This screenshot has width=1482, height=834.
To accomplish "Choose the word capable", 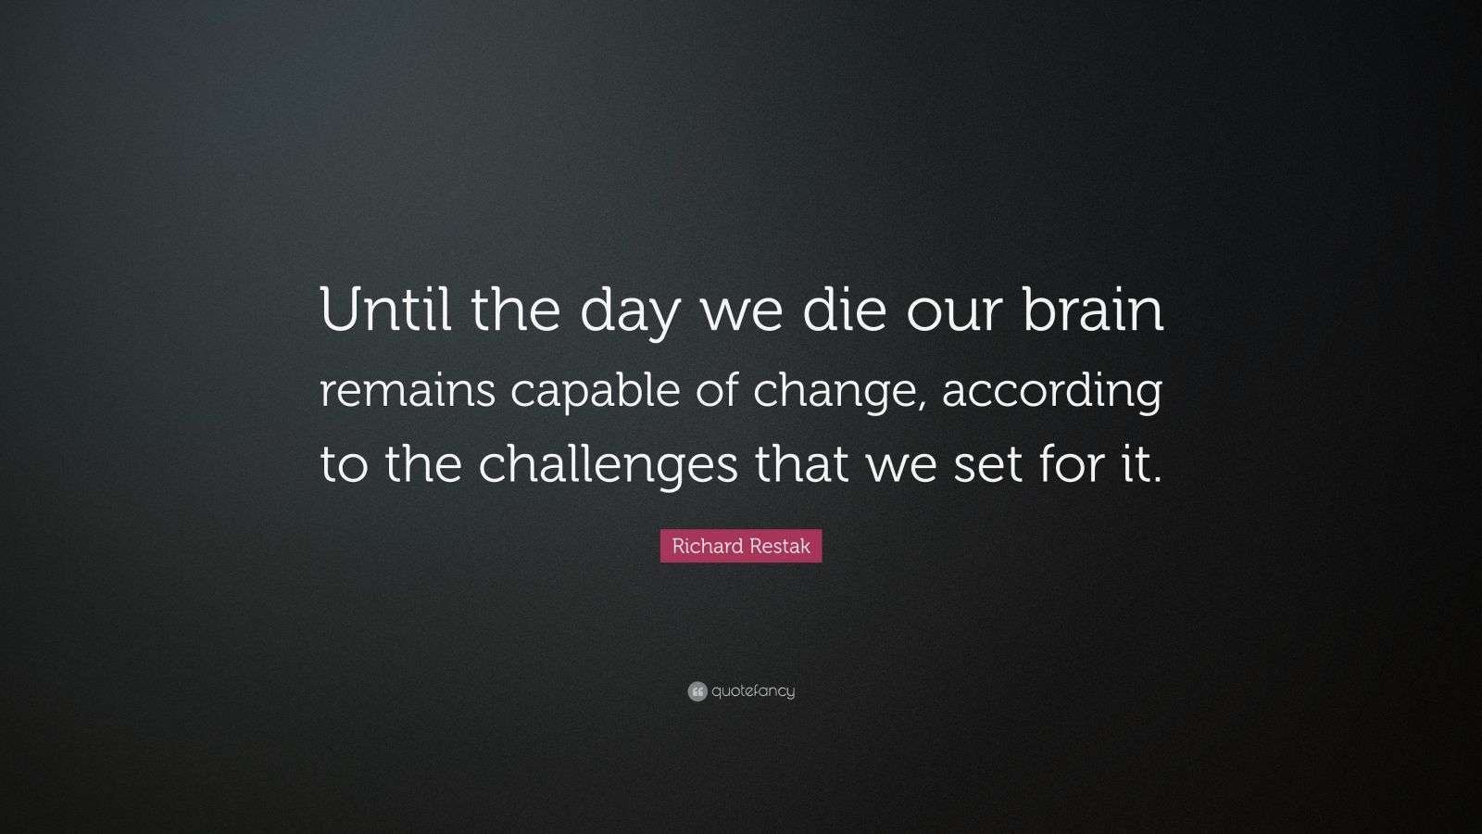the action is point(595,392).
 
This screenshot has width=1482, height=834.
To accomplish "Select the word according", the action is point(1052,392).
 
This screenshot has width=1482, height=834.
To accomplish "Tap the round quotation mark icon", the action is point(697,691).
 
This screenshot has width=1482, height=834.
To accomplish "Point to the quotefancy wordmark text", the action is point(753,691).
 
